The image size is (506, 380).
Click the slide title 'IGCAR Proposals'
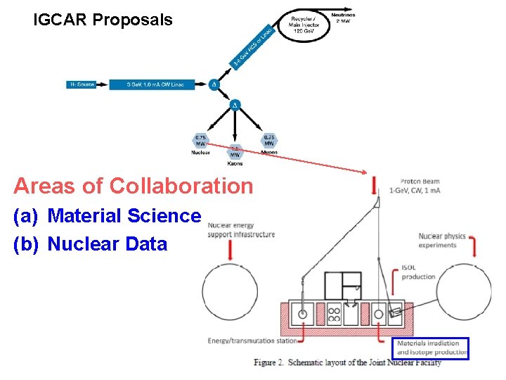click(x=103, y=20)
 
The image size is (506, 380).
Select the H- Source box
click(x=83, y=84)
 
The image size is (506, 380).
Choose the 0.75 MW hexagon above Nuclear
click(x=201, y=140)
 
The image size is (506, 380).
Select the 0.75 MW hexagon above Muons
click(x=268, y=140)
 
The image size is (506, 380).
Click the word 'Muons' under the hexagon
click(x=268, y=152)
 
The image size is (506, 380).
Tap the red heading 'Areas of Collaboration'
click(x=133, y=186)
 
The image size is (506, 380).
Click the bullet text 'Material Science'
click(x=124, y=216)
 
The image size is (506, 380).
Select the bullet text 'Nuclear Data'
click(x=107, y=244)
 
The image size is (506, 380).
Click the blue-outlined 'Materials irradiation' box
click(x=431, y=348)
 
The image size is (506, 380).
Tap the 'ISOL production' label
click(x=418, y=272)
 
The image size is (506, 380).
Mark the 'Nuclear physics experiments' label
click(x=442, y=241)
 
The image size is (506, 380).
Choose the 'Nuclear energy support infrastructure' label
click(x=241, y=229)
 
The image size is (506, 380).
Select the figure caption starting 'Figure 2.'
click(x=347, y=362)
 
